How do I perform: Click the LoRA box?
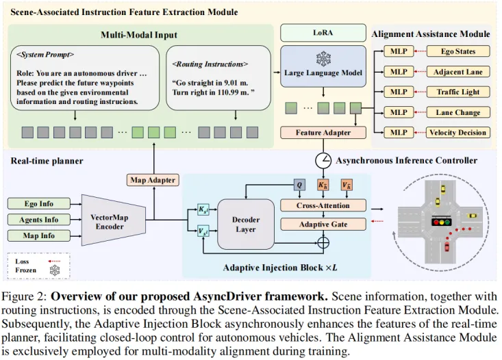[316, 33]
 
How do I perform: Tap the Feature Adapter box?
[323, 133]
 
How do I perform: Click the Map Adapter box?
[152, 180]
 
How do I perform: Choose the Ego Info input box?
[39, 203]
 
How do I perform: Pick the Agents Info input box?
[39, 220]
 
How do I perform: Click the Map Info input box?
[39, 236]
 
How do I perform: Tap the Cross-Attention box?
[323, 205]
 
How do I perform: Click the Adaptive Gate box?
[323, 224]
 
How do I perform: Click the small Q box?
[299, 185]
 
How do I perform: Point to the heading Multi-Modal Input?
[139, 34]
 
